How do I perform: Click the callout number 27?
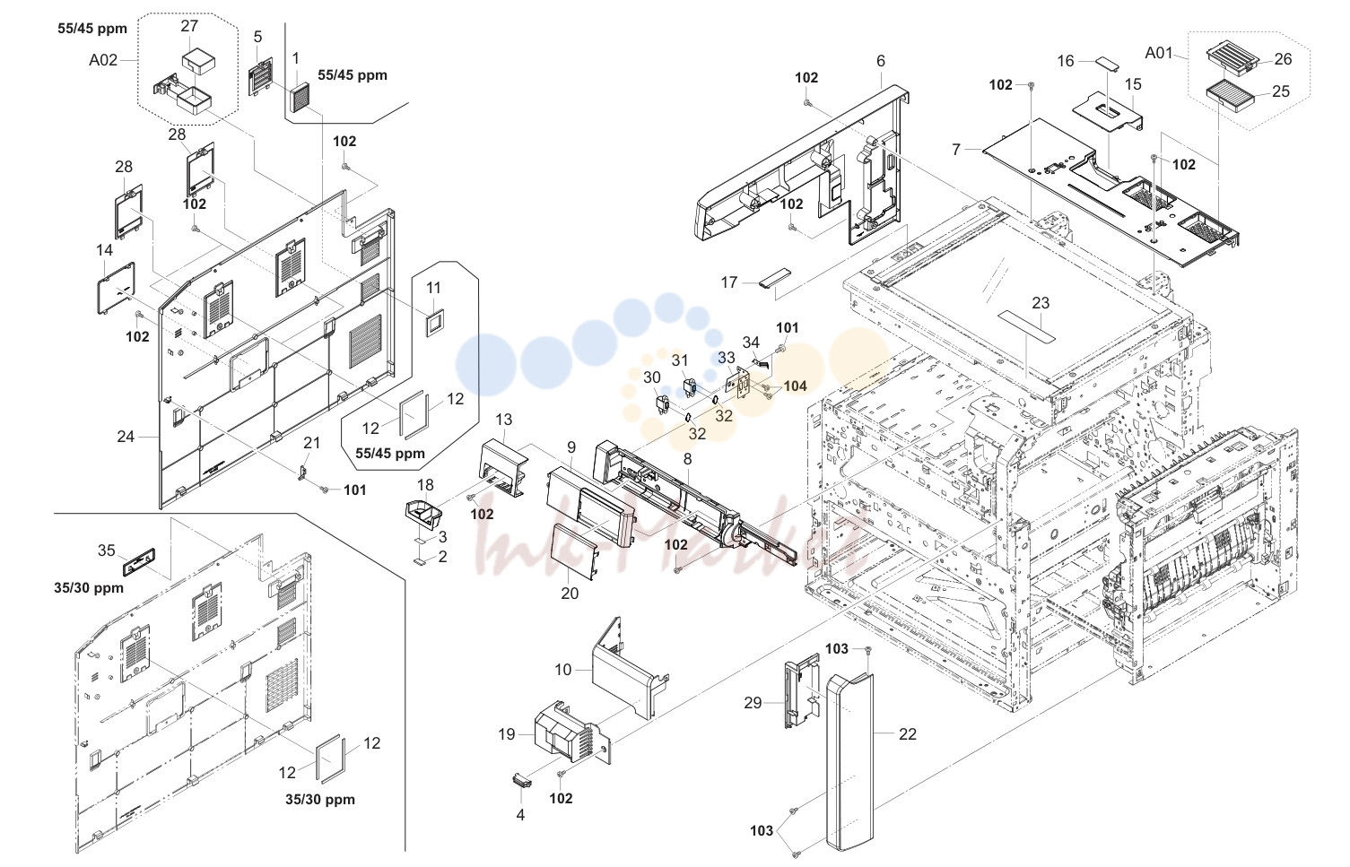(x=189, y=26)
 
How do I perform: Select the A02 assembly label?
(x=103, y=60)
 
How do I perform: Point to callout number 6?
(x=881, y=61)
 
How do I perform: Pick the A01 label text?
(x=1158, y=54)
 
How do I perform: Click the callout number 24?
(x=126, y=437)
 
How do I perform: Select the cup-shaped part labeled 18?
(x=423, y=515)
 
